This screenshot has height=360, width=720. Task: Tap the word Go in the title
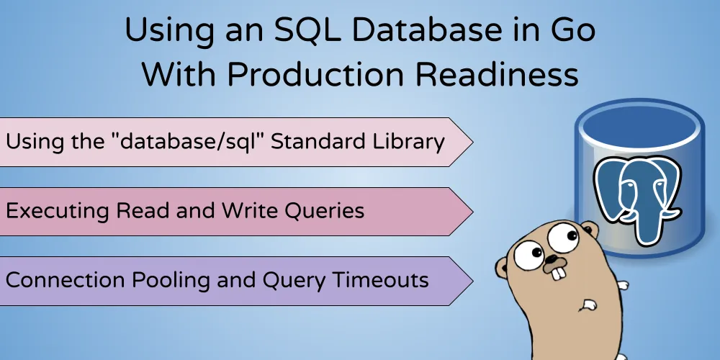pyautogui.click(x=573, y=31)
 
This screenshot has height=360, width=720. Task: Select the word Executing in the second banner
pyautogui.click(x=57, y=211)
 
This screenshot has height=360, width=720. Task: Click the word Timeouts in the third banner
pyautogui.click(x=384, y=279)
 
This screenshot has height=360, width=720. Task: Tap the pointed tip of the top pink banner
pyautogui.click(x=472, y=142)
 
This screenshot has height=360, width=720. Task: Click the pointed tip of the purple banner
pyautogui.click(x=472, y=281)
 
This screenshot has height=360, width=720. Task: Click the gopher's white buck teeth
pyautogui.click(x=557, y=273)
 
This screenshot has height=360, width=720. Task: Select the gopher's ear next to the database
pyautogui.click(x=590, y=228)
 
